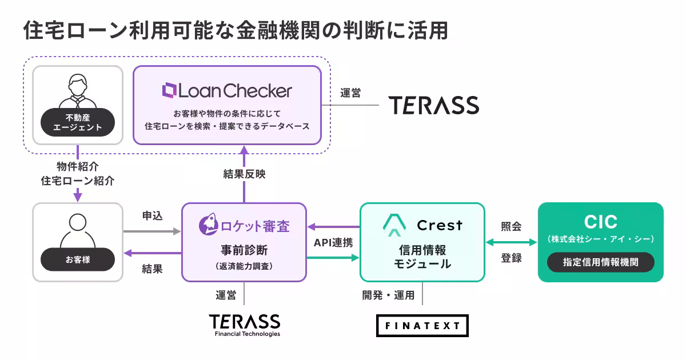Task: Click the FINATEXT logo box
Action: (x=422, y=326)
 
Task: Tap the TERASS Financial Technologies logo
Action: (x=245, y=325)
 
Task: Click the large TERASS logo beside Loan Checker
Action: (x=434, y=105)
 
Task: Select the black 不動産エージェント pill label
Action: (x=78, y=122)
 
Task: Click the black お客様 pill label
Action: (x=78, y=259)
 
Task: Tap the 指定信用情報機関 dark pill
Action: (x=601, y=262)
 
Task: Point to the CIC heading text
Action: (x=601, y=221)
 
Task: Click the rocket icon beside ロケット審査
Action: (x=208, y=225)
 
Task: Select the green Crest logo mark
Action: (x=394, y=225)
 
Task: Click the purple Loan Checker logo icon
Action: (x=169, y=90)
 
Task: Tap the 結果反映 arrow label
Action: (x=245, y=174)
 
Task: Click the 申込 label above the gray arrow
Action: (x=152, y=216)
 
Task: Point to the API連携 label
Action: (x=333, y=243)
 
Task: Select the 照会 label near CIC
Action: (x=511, y=226)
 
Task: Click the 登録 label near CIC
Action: (x=511, y=258)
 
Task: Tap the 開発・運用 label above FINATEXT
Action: (x=388, y=295)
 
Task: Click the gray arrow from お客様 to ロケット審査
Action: (x=152, y=231)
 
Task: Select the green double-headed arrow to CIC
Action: (x=512, y=242)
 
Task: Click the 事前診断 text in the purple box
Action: (x=245, y=250)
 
